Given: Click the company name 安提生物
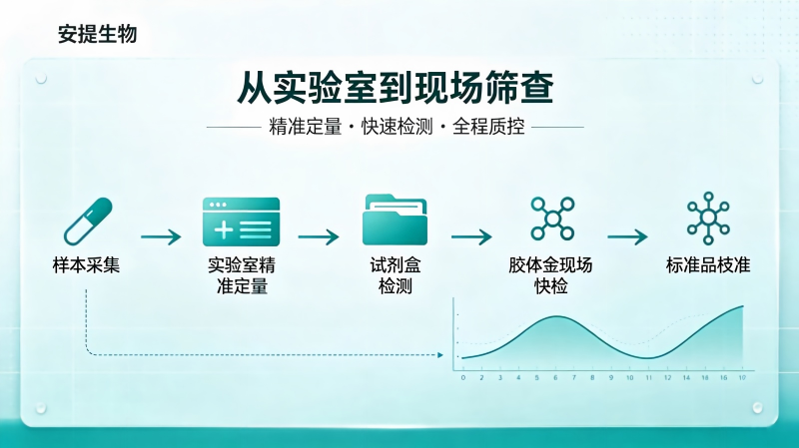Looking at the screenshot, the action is click(x=97, y=34).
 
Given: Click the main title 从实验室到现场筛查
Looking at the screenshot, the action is click(x=396, y=88).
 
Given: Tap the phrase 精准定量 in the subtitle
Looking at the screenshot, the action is click(x=306, y=127).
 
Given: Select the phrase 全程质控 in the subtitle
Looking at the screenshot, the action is click(x=488, y=127).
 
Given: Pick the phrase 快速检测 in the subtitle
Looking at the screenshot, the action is click(x=397, y=127).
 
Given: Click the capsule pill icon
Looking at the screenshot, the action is click(x=88, y=222).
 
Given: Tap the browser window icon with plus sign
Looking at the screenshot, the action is click(x=241, y=222).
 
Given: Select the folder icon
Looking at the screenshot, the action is click(x=395, y=220).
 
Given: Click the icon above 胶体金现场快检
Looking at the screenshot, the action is click(x=552, y=219).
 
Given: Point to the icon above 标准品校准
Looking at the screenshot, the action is click(x=708, y=218).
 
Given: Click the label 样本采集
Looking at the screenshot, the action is click(x=86, y=265).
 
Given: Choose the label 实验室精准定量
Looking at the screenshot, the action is click(x=242, y=275).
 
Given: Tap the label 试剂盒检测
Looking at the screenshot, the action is click(x=395, y=275).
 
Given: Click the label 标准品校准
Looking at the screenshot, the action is click(x=708, y=265).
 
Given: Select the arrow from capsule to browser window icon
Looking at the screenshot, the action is click(x=161, y=236).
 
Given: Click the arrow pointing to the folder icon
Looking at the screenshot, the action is click(x=319, y=236).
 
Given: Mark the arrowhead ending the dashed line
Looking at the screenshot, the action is click(x=440, y=355).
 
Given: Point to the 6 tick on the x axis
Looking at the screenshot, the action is click(x=555, y=378).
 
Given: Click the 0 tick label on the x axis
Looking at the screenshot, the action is click(x=463, y=378).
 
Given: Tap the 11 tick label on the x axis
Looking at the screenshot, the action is click(x=648, y=378).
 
